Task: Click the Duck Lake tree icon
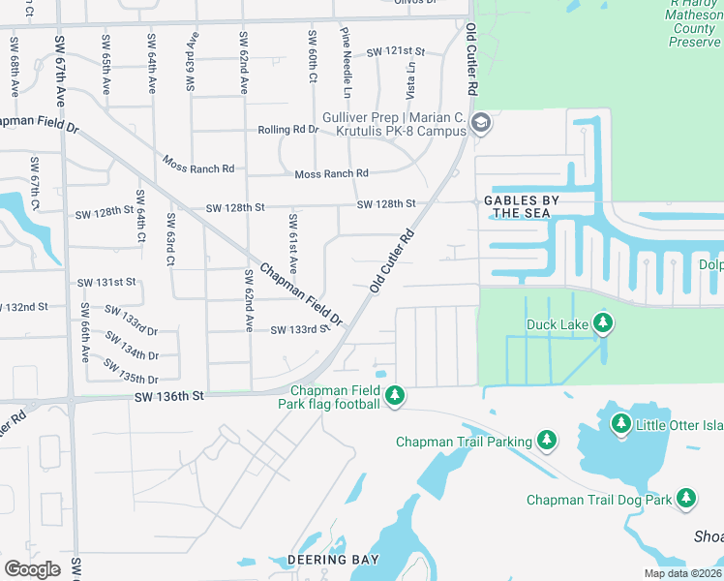tap(603, 323)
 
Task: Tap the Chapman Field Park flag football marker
tap(394, 395)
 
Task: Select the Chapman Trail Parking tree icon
tap(547, 442)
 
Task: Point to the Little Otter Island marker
tap(620, 422)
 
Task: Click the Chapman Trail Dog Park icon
tap(686, 499)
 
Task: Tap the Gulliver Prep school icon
tap(481, 123)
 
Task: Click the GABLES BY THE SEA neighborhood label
tap(522, 206)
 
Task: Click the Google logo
tap(32, 568)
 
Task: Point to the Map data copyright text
tap(682, 573)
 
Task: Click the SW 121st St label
tap(396, 51)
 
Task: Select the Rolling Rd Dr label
tap(287, 130)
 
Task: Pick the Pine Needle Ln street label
tap(345, 62)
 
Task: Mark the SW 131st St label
tap(107, 282)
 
